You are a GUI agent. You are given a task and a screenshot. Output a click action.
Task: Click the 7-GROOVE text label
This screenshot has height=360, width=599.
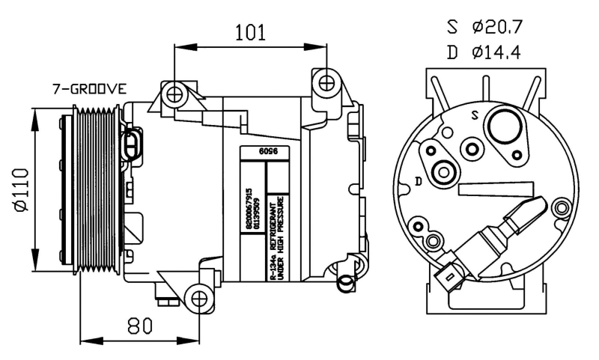click(89, 89)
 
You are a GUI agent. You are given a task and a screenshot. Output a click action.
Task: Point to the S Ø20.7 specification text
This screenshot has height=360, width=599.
click(484, 27)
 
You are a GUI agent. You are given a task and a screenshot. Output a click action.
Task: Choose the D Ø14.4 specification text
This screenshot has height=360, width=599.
click(484, 52)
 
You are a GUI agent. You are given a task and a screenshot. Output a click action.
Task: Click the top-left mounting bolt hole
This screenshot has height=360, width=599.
click(175, 94)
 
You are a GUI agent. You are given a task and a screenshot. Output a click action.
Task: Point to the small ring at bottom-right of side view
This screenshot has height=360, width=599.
click(346, 281)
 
